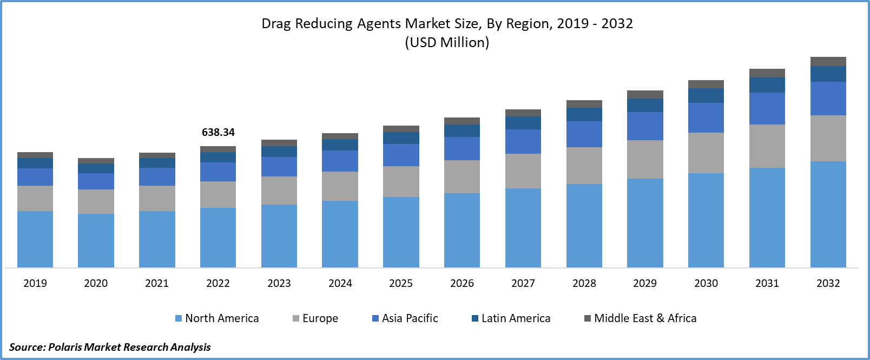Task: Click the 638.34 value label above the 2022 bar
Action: click(x=218, y=132)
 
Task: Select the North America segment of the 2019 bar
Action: click(x=35, y=239)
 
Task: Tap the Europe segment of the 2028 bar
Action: click(x=584, y=165)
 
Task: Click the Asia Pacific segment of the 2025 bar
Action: click(x=401, y=155)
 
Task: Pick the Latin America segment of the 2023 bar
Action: click(x=279, y=151)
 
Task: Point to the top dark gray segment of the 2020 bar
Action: click(x=96, y=161)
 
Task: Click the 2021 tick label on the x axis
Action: click(x=157, y=283)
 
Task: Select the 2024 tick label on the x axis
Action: click(x=340, y=283)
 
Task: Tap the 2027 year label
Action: click(x=523, y=283)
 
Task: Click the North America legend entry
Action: click(x=217, y=318)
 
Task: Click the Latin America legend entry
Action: click(x=511, y=318)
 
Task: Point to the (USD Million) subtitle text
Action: click(x=447, y=42)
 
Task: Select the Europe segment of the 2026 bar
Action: click(x=462, y=176)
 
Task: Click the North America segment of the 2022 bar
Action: click(x=218, y=237)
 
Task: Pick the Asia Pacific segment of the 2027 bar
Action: click(x=523, y=141)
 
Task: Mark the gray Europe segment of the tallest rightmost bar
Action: click(x=828, y=138)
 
